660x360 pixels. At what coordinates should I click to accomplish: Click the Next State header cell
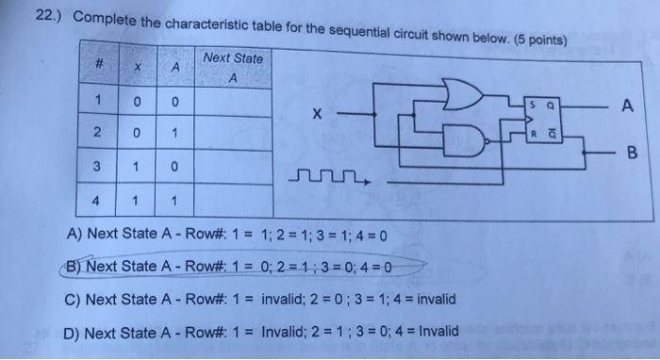232,65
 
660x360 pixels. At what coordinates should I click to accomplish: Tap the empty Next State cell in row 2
233,134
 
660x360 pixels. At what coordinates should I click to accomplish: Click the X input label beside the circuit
318,115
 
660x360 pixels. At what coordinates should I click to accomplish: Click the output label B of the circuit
631,150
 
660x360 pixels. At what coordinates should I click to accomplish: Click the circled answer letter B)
72,268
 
